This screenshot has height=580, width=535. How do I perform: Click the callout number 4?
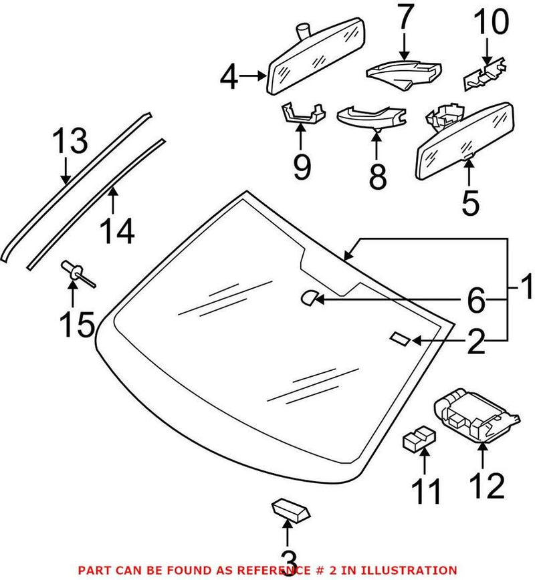[x=229, y=78]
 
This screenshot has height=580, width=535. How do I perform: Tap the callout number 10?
[x=491, y=25]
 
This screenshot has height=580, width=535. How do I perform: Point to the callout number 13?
[x=70, y=142]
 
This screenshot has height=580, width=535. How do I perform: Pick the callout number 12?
[x=486, y=486]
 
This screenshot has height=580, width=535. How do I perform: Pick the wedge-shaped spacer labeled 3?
[x=290, y=512]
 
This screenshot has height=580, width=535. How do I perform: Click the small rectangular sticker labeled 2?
[x=400, y=339]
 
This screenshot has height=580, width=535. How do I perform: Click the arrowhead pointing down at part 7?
[x=403, y=56]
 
